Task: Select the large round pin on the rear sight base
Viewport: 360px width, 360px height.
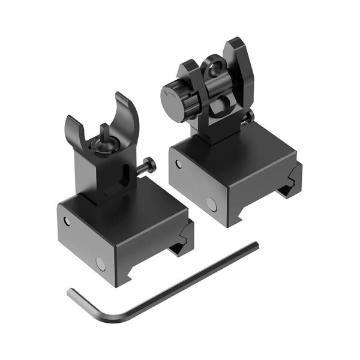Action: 212,204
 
